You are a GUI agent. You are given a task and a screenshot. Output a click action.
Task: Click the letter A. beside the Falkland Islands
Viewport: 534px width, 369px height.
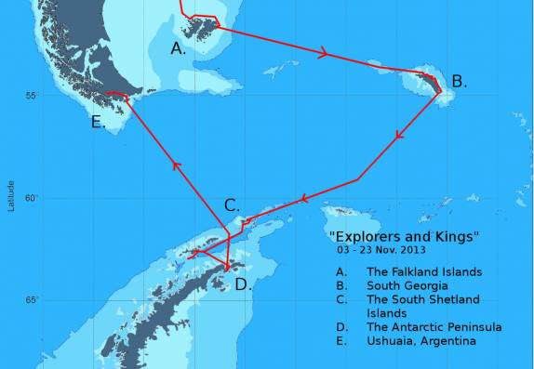click(179, 48)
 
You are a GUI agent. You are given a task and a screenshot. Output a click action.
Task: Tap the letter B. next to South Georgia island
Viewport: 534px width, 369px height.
click(458, 81)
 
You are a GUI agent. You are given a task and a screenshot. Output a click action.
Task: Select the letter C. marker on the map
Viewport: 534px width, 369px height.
click(232, 205)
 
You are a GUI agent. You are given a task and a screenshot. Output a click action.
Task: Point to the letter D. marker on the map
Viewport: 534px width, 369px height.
click(242, 284)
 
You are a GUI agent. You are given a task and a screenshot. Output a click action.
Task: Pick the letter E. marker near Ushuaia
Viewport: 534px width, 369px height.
click(99, 122)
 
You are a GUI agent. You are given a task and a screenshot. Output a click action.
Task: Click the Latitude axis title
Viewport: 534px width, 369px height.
click(10, 196)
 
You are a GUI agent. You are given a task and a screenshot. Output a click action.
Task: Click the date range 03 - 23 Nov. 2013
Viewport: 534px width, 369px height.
click(388, 251)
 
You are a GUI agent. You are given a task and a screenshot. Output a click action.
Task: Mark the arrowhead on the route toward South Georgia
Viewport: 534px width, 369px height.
click(323, 54)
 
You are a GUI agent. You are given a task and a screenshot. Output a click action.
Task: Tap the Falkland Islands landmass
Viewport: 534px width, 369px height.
click(198, 28)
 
